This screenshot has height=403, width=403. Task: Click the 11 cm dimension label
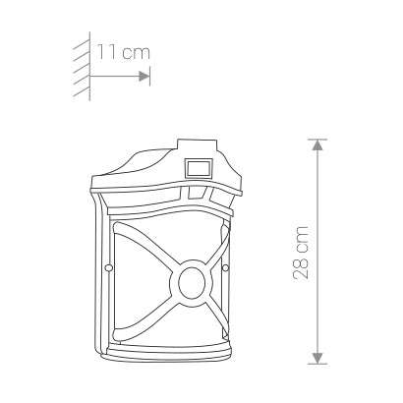point(124,53)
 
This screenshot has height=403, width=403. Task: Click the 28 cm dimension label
point(301,253)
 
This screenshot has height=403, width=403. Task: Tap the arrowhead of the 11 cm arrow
point(144,76)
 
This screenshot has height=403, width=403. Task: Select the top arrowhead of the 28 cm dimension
point(317,144)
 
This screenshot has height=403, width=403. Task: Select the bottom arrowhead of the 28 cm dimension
point(317,358)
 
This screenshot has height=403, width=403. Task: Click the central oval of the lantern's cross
point(192,283)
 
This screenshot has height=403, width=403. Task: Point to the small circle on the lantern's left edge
point(107,268)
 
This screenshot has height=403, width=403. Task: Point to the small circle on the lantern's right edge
point(225,268)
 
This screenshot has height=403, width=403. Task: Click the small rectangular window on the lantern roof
point(198,168)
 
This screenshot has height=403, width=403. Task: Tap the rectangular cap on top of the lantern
point(197,145)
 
